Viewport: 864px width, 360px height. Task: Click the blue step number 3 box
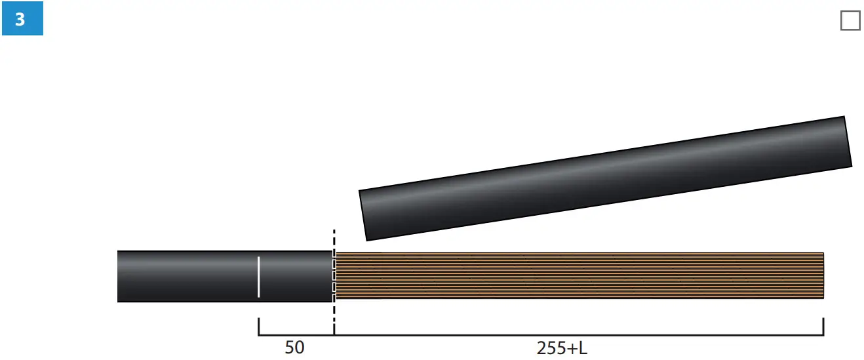tap(22, 18)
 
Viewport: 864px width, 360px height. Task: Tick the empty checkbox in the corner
tap(850, 20)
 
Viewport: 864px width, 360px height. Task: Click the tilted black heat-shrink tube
tap(605, 178)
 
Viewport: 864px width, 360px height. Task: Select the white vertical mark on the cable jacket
tap(258, 277)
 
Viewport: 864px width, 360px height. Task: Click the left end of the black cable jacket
tap(117, 276)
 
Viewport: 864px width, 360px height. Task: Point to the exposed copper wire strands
tap(579, 275)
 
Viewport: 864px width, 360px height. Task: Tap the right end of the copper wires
tap(823, 275)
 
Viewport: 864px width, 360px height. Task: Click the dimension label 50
tap(295, 348)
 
